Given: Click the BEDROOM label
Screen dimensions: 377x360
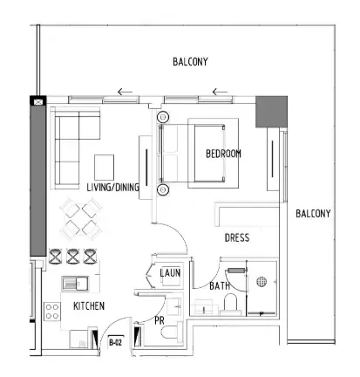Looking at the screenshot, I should click(x=223, y=154).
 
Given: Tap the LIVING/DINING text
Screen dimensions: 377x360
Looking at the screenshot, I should click(x=112, y=188).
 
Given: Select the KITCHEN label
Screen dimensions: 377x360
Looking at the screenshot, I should click(x=89, y=306).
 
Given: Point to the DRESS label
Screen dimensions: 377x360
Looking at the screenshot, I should click(x=238, y=236).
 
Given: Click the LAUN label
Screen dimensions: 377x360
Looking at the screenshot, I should click(x=171, y=273).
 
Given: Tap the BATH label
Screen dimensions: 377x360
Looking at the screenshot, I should click(x=220, y=284).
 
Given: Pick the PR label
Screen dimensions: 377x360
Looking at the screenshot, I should click(x=160, y=319).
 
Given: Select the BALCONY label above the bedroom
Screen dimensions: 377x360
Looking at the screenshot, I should click(x=189, y=62).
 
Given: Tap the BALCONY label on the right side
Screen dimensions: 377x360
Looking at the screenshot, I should click(x=313, y=214).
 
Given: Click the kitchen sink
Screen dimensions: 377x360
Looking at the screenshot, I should click(x=76, y=283).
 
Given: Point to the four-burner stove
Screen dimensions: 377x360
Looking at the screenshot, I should click(x=52, y=311).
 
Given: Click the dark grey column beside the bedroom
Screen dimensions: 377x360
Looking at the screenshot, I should click(x=266, y=111).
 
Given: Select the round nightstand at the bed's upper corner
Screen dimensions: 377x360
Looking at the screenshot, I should click(x=161, y=116).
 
